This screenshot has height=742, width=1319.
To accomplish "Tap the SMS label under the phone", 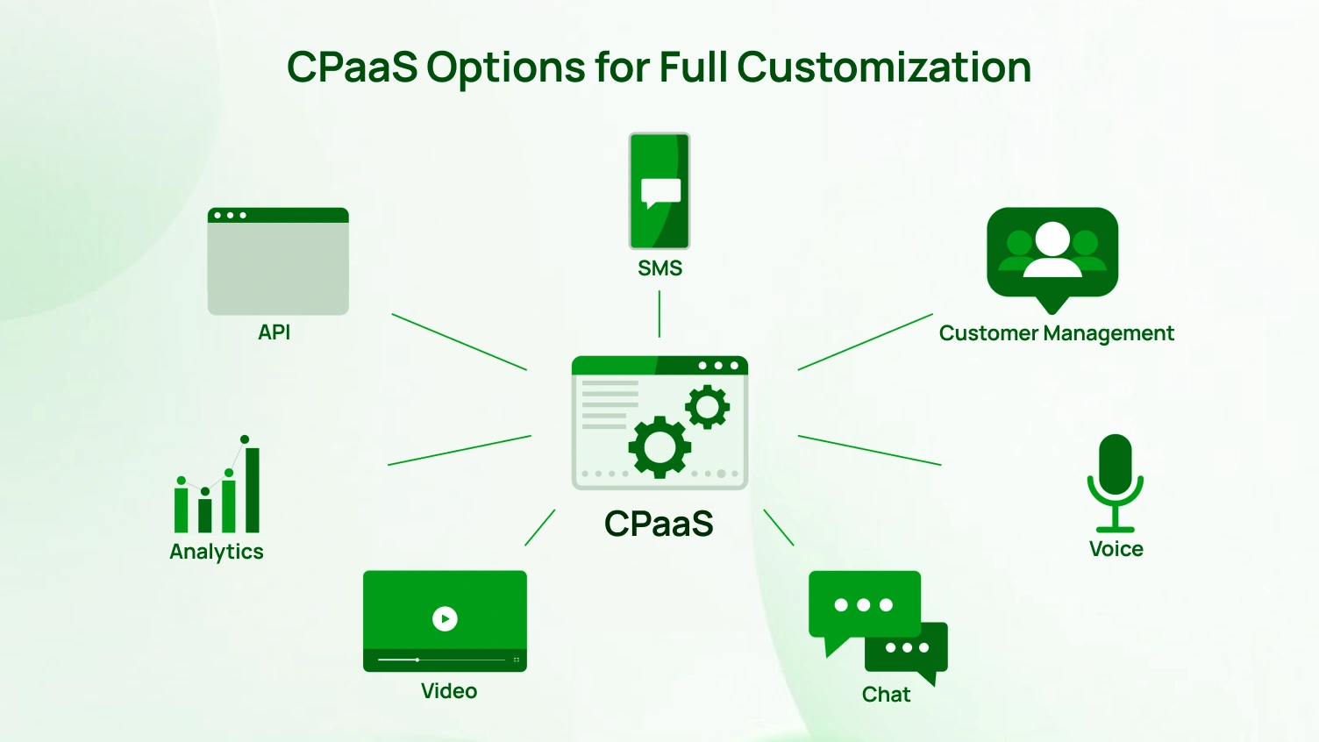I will point(659,268).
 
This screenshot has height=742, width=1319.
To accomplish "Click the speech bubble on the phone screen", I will point(660,192).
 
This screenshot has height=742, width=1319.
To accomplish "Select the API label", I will point(274,332).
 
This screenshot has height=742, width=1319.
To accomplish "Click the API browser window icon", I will point(278,261).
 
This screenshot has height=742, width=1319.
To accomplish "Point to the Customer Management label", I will point(1056,333).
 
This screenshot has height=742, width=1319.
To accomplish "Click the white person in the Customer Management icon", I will point(1052,249).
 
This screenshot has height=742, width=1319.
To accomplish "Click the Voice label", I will point(1116,549).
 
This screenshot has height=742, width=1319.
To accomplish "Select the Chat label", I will point(886,695).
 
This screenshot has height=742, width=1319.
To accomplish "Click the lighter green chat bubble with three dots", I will point(863,606).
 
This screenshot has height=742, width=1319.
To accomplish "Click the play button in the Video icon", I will point(445,618).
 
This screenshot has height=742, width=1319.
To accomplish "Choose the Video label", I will point(449,691).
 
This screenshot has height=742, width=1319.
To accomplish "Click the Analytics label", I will point(217,552).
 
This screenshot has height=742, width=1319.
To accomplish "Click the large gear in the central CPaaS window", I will point(659,447).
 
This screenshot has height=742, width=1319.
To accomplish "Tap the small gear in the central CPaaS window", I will point(707,407).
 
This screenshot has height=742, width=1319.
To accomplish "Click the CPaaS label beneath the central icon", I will point(659,524).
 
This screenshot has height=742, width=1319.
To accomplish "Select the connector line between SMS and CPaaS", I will point(659,314).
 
